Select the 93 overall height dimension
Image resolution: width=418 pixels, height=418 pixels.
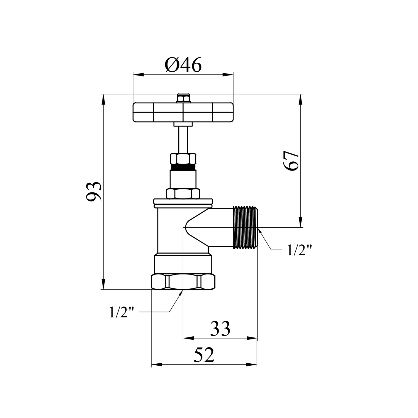click(x=94, y=191)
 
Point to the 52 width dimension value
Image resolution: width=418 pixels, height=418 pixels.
click(x=204, y=355)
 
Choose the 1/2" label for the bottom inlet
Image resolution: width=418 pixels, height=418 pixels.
click(x=122, y=312)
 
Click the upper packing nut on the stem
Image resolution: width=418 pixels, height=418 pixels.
click(x=183, y=159)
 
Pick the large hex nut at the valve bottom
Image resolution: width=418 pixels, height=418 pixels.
click(x=183, y=282)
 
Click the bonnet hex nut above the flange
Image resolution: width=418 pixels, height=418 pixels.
click(x=183, y=193)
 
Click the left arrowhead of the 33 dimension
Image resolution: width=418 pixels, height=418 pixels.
click(x=188, y=338)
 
